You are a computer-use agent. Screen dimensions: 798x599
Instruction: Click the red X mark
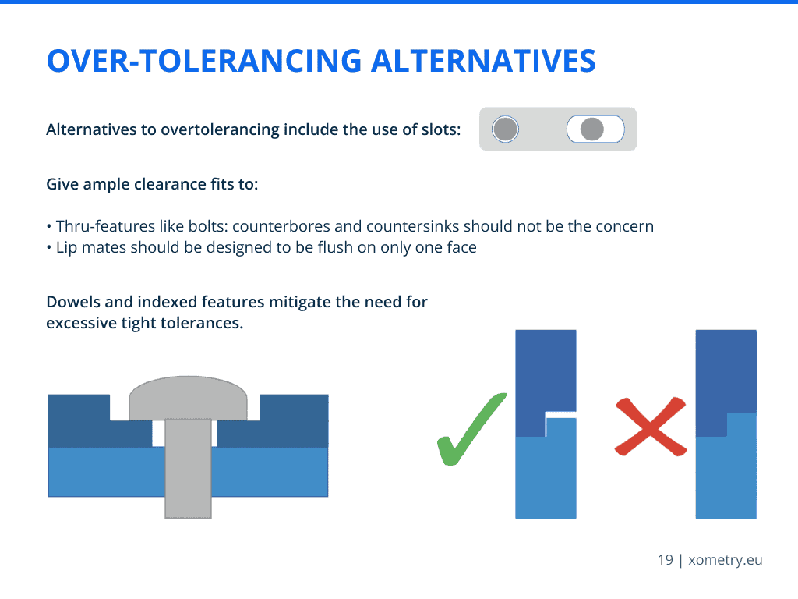click(x=651, y=427)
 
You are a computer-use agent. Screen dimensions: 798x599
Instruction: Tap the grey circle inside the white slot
click(x=592, y=129)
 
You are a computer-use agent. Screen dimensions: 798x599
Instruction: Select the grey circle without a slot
click(x=505, y=129)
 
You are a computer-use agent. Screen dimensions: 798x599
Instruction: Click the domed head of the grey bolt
click(x=189, y=398)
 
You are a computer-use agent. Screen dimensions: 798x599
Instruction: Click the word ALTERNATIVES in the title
click(x=483, y=61)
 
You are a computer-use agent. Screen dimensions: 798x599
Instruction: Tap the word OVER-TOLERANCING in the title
click(x=204, y=61)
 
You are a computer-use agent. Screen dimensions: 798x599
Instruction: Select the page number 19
click(x=666, y=560)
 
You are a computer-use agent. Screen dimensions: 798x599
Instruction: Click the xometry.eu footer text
click(x=726, y=560)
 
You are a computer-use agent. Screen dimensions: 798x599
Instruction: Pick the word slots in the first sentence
click(x=441, y=129)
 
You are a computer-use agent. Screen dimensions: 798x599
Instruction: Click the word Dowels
click(x=73, y=302)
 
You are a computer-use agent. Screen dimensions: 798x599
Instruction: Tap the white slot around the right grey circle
click(x=595, y=129)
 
